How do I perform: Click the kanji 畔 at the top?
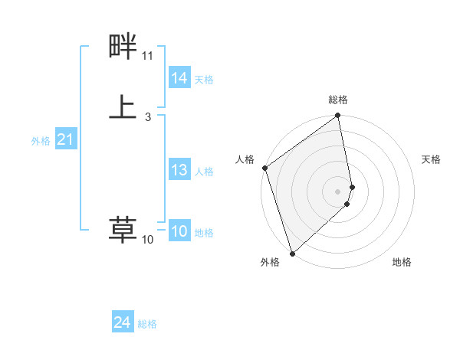point(122,48)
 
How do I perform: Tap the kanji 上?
point(122,106)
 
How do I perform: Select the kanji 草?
point(122,229)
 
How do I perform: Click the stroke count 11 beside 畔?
point(147,56)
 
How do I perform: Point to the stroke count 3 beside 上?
point(147,117)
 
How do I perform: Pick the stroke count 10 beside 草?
point(147,240)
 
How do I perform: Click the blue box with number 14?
point(179,78)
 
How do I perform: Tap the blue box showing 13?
point(179,170)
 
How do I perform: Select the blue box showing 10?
point(179,231)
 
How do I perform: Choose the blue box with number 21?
point(66,139)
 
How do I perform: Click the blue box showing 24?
point(123,323)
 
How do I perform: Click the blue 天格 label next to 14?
point(204,80)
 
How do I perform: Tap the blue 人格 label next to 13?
point(204,172)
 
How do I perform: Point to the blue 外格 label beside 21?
point(41,141)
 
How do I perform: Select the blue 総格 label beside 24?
point(147,325)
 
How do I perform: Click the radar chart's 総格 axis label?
point(338,100)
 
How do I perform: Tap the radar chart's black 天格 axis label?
point(431,159)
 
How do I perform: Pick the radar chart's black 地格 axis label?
point(402,262)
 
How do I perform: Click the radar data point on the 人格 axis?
point(264,168)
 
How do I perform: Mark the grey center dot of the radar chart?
point(338,191)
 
